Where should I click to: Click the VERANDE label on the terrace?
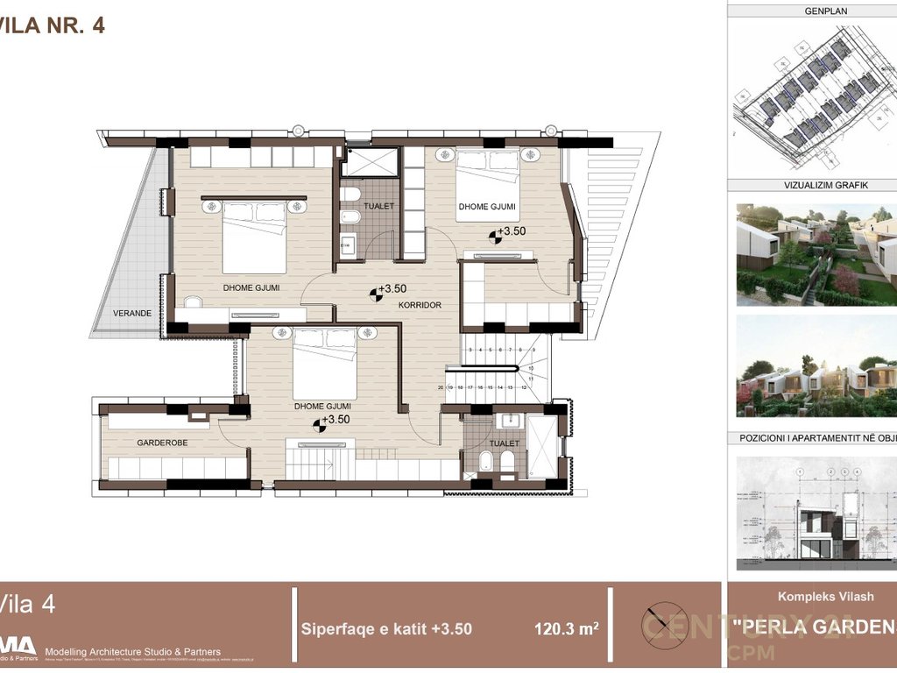[x=132, y=313]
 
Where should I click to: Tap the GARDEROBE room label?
[x=162, y=443]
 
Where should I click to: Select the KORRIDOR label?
[x=420, y=305]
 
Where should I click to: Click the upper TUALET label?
[x=381, y=206]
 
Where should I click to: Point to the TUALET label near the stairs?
[x=505, y=443]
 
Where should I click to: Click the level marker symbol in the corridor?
[x=376, y=294]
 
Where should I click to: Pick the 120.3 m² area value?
[x=566, y=628]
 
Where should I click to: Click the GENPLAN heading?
[x=811, y=11]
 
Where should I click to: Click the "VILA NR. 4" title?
[x=53, y=25]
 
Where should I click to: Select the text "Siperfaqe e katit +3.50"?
[x=386, y=628]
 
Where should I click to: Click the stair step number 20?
[x=441, y=386]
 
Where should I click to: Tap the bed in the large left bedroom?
[x=254, y=237]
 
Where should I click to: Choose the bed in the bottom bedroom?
[x=324, y=364]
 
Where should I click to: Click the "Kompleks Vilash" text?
[x=813, y=597]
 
